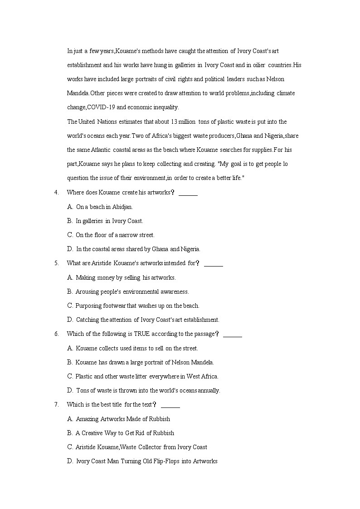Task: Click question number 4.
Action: [56, 193]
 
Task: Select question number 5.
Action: [56, 263]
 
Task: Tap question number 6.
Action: [56, 334]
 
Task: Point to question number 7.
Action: [56, 405]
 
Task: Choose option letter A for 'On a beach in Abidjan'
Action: [70, 207]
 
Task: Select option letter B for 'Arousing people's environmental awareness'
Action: [70, 291]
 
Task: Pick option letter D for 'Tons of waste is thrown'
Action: [70, 390]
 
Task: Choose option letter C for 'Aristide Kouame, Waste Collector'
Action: [70, 447]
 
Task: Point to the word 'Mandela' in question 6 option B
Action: [200, 362]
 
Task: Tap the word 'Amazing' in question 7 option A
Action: [86, 419]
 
